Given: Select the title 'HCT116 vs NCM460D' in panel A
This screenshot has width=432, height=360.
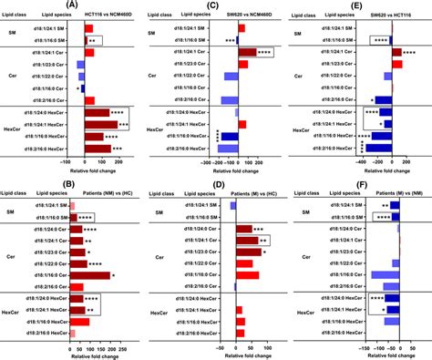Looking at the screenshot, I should [x=107, y=17].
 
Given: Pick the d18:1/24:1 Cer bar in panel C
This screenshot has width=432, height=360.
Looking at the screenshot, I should [x=248, y=52].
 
